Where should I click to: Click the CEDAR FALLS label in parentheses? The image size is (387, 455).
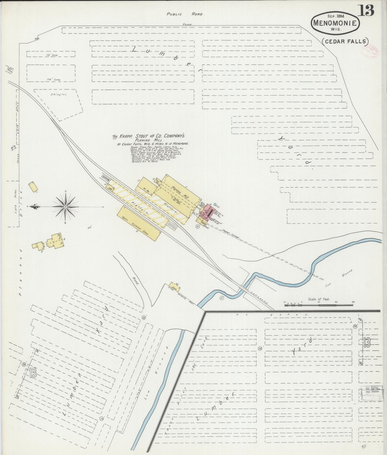pos(345,41)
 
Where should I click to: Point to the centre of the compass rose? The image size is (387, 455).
pos(65,207)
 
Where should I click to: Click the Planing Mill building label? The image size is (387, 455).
pos(181,192)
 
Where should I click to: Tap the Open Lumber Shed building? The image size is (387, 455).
pos(138,223)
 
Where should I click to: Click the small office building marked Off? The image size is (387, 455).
pos(110,188)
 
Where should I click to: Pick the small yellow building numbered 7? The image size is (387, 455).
pos(33,187)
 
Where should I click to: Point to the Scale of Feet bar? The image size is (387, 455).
pos(319,304)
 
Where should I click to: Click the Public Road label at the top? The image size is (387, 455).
pos(185,14)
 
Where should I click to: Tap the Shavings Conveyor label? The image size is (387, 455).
pos(231,234)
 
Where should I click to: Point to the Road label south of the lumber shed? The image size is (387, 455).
pos(135,281)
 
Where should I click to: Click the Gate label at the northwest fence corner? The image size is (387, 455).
pos(37,38)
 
